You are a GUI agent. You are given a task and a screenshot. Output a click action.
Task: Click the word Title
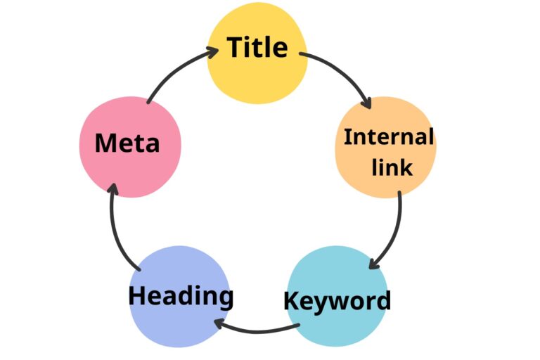click(257, 48)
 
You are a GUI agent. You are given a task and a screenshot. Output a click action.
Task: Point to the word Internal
click(388, 137)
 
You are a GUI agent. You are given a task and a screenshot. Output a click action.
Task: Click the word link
click(392, 168)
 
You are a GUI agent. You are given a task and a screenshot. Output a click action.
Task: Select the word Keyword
click(337, 301)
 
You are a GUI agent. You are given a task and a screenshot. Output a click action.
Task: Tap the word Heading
click(181, 295)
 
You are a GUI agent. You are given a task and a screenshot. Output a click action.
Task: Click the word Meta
click(127, 143)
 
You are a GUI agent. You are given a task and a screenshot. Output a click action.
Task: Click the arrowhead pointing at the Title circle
click(212, 50)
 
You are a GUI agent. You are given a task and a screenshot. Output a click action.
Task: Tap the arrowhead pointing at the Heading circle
click(219, 324)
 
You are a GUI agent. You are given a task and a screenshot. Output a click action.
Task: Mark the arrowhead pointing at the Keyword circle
click(374, 264)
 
